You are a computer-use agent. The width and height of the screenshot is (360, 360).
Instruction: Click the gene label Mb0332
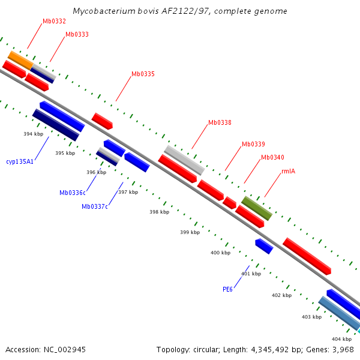[54, 21]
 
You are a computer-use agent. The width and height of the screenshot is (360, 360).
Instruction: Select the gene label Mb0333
[77, 34]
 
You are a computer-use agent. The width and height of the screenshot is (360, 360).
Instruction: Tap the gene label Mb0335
[143, 74]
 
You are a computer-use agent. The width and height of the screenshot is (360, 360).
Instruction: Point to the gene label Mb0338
[220, 122]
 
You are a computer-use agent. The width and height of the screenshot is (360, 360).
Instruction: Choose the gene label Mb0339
[253, 144]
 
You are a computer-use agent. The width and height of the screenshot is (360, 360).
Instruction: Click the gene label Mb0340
[272, 157]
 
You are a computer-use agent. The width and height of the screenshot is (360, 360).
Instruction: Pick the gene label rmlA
[288, 171]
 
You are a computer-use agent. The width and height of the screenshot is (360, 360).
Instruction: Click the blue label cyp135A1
[20, 161]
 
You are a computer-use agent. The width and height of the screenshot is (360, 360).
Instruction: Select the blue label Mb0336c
[72, 193]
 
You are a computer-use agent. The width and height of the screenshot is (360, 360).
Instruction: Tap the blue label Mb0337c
[95, 206]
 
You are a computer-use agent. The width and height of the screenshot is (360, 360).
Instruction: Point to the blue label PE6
[227, 289]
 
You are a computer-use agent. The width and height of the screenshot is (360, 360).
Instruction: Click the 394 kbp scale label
[33, 134]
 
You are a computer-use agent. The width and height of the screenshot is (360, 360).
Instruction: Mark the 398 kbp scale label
[159, 212]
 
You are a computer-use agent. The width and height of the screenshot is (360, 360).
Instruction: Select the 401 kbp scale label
[251, 274]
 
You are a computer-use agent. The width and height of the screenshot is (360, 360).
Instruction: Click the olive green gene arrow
[257, 208]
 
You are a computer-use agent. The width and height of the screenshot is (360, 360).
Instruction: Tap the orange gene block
[20, 59]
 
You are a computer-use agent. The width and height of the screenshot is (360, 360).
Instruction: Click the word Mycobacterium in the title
[100, 11]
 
